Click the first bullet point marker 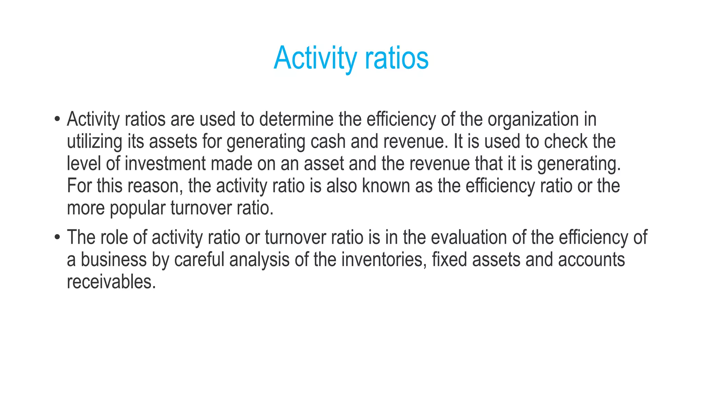[x=57, y=119]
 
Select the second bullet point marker [x=57, y=238]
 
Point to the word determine [x=296, y=119]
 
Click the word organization [x=533, y=119]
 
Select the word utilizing [x=94, y=142]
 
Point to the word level [x=84, y=164]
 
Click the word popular [x=137, y=208]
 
